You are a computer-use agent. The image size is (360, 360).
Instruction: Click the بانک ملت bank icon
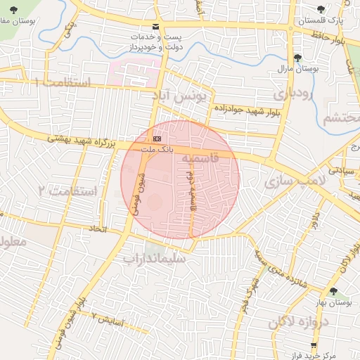point(156,139)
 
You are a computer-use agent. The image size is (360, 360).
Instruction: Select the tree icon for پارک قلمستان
point(321,10)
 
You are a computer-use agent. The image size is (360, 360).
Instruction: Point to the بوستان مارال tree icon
point(297,58)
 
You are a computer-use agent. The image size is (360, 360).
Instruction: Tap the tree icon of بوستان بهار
point(333,291)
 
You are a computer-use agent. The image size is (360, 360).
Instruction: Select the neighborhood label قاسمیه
point(200,161)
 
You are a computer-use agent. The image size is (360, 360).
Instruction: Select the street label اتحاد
point(96,229)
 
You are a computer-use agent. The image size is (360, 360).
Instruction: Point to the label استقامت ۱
point(63,83)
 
